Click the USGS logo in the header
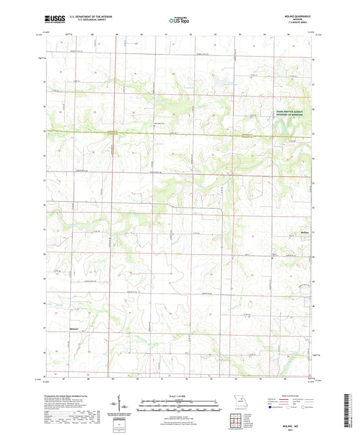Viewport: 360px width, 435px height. tap(51, 20)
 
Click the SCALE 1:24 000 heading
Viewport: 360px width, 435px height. tap(180, 394)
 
